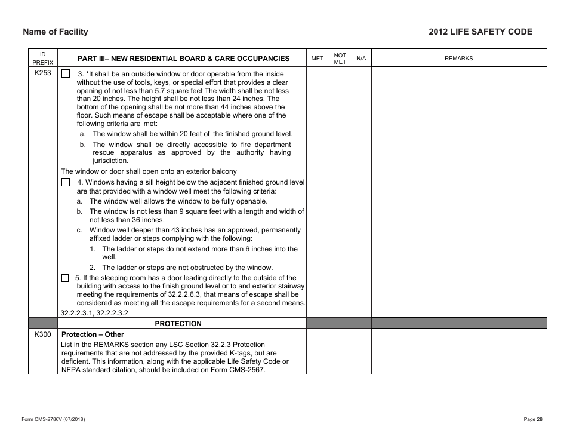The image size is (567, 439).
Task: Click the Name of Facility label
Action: coord(55,32)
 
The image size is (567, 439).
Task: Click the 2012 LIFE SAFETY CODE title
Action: coord(480,32)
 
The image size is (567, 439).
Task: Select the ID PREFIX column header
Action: coord(43,58)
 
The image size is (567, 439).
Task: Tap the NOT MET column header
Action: coord(340,58)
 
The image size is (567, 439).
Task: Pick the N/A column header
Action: coord(361,59)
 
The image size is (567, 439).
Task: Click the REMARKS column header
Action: coord(458,59)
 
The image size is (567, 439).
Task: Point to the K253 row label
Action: coord(43,74)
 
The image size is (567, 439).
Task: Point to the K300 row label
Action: coord(43,335)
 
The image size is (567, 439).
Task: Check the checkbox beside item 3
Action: coord(66,74)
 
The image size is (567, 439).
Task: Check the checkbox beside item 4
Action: coord(66,182)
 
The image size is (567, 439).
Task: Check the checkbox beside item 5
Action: coord(66,278)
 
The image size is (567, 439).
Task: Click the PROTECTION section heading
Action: coord(178,324)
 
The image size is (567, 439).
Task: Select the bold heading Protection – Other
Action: coord(93,335)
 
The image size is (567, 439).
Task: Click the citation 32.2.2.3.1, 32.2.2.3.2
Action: coord(94,312)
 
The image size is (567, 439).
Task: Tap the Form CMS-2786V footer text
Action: coord(53,419)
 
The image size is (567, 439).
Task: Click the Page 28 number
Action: coord(533,419)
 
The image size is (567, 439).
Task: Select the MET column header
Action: coord(318,59)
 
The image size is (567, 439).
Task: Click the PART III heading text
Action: coord(183,59)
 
